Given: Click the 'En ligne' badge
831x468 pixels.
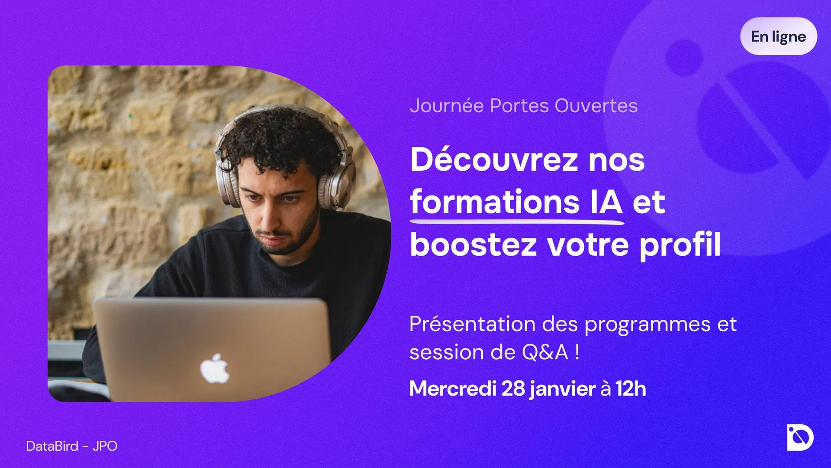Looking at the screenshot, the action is [779, 36].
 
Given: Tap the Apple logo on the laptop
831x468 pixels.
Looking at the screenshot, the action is [215, 369].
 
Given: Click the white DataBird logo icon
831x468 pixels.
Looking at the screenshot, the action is [800, 437].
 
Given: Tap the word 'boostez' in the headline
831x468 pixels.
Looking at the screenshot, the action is [473, 244].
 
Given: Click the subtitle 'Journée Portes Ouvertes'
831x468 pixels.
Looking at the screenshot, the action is [524, 106].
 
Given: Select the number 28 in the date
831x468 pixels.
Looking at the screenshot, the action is [513, 389].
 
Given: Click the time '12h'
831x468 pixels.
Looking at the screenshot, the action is [631, 389].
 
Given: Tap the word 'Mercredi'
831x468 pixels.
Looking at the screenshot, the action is [453, 389].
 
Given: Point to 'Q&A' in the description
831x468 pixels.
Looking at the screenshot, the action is [545, 352].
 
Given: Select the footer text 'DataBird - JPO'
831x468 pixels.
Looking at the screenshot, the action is [72, 446].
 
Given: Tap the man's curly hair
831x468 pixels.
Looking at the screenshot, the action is [277, 139].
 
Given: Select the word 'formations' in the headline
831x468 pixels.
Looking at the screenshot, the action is [495, 202].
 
